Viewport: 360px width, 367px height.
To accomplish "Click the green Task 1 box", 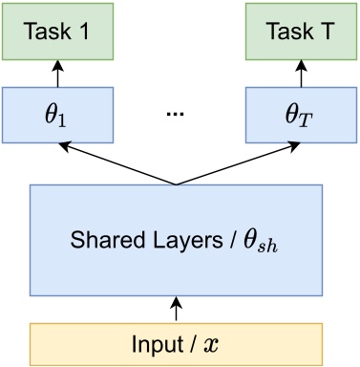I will (x=57, y=30).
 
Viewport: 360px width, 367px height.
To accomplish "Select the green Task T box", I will (x=302, y=30).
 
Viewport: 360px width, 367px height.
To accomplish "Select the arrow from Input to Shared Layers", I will (x=175, y=309).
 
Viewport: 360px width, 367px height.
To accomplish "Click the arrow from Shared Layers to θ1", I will (x=115, y=162).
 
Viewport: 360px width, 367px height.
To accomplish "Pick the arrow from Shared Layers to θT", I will (x=239, y=162).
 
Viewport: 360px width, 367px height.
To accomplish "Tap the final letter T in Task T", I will (x=328, y=30).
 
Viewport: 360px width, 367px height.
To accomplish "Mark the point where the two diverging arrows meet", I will (x=175, y=183).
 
